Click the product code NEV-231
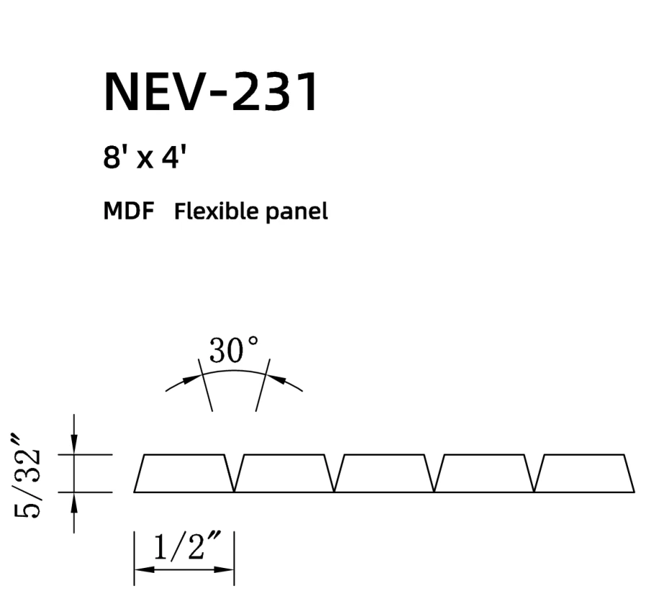click(211, 92)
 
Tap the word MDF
click(130, 212)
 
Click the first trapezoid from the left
click(184, 474)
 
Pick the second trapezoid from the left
click(284, 474)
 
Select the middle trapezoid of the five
click(385, 474)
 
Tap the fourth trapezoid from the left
click(485, 474)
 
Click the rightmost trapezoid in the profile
click(585, 474)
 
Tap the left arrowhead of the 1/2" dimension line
click(143, 570)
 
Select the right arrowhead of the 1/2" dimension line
click(226, 570)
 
